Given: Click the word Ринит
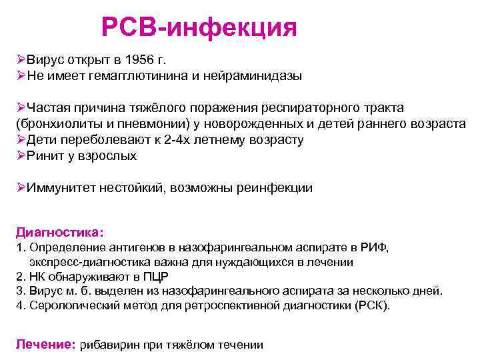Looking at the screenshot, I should click(x=43, y=156).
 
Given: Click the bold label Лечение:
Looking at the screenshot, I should click(x=45, y=345).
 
